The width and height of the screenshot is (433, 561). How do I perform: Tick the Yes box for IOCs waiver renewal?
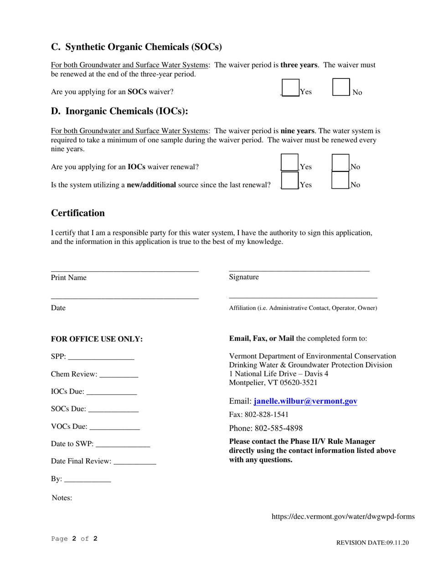290,162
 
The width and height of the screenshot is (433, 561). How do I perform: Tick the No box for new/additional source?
340,181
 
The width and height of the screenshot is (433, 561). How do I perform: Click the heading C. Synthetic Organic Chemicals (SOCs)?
136,47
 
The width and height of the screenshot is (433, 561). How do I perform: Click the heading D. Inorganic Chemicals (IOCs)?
119,111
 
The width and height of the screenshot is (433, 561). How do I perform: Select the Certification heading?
78,213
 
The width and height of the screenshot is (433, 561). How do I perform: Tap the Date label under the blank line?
58,308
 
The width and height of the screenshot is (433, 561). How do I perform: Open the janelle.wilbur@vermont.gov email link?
305,401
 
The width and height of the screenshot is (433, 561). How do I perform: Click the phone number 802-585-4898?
278,428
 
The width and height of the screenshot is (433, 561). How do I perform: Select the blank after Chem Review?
119,374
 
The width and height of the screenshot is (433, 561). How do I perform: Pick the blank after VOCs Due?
115,427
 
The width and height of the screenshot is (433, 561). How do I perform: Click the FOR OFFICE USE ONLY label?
97,339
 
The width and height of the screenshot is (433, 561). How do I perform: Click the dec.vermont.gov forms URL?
343,517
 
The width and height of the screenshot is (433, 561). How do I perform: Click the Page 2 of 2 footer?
74,539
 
